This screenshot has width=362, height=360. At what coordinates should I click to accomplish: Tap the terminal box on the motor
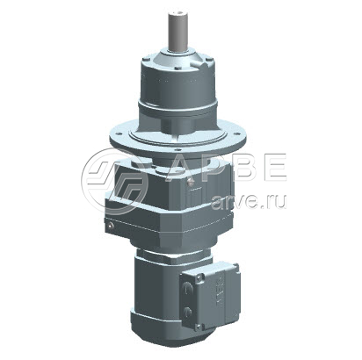pos(210,296)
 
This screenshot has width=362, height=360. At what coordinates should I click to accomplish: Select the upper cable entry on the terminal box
pos(187,288)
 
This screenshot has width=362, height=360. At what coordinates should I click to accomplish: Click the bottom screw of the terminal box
pos(199,327)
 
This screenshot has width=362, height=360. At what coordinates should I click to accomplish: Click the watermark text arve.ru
pos(248,201)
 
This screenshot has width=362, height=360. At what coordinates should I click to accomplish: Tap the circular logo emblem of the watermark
pos(114,182)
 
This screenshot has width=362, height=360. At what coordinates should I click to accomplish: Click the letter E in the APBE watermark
pos(273,166)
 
